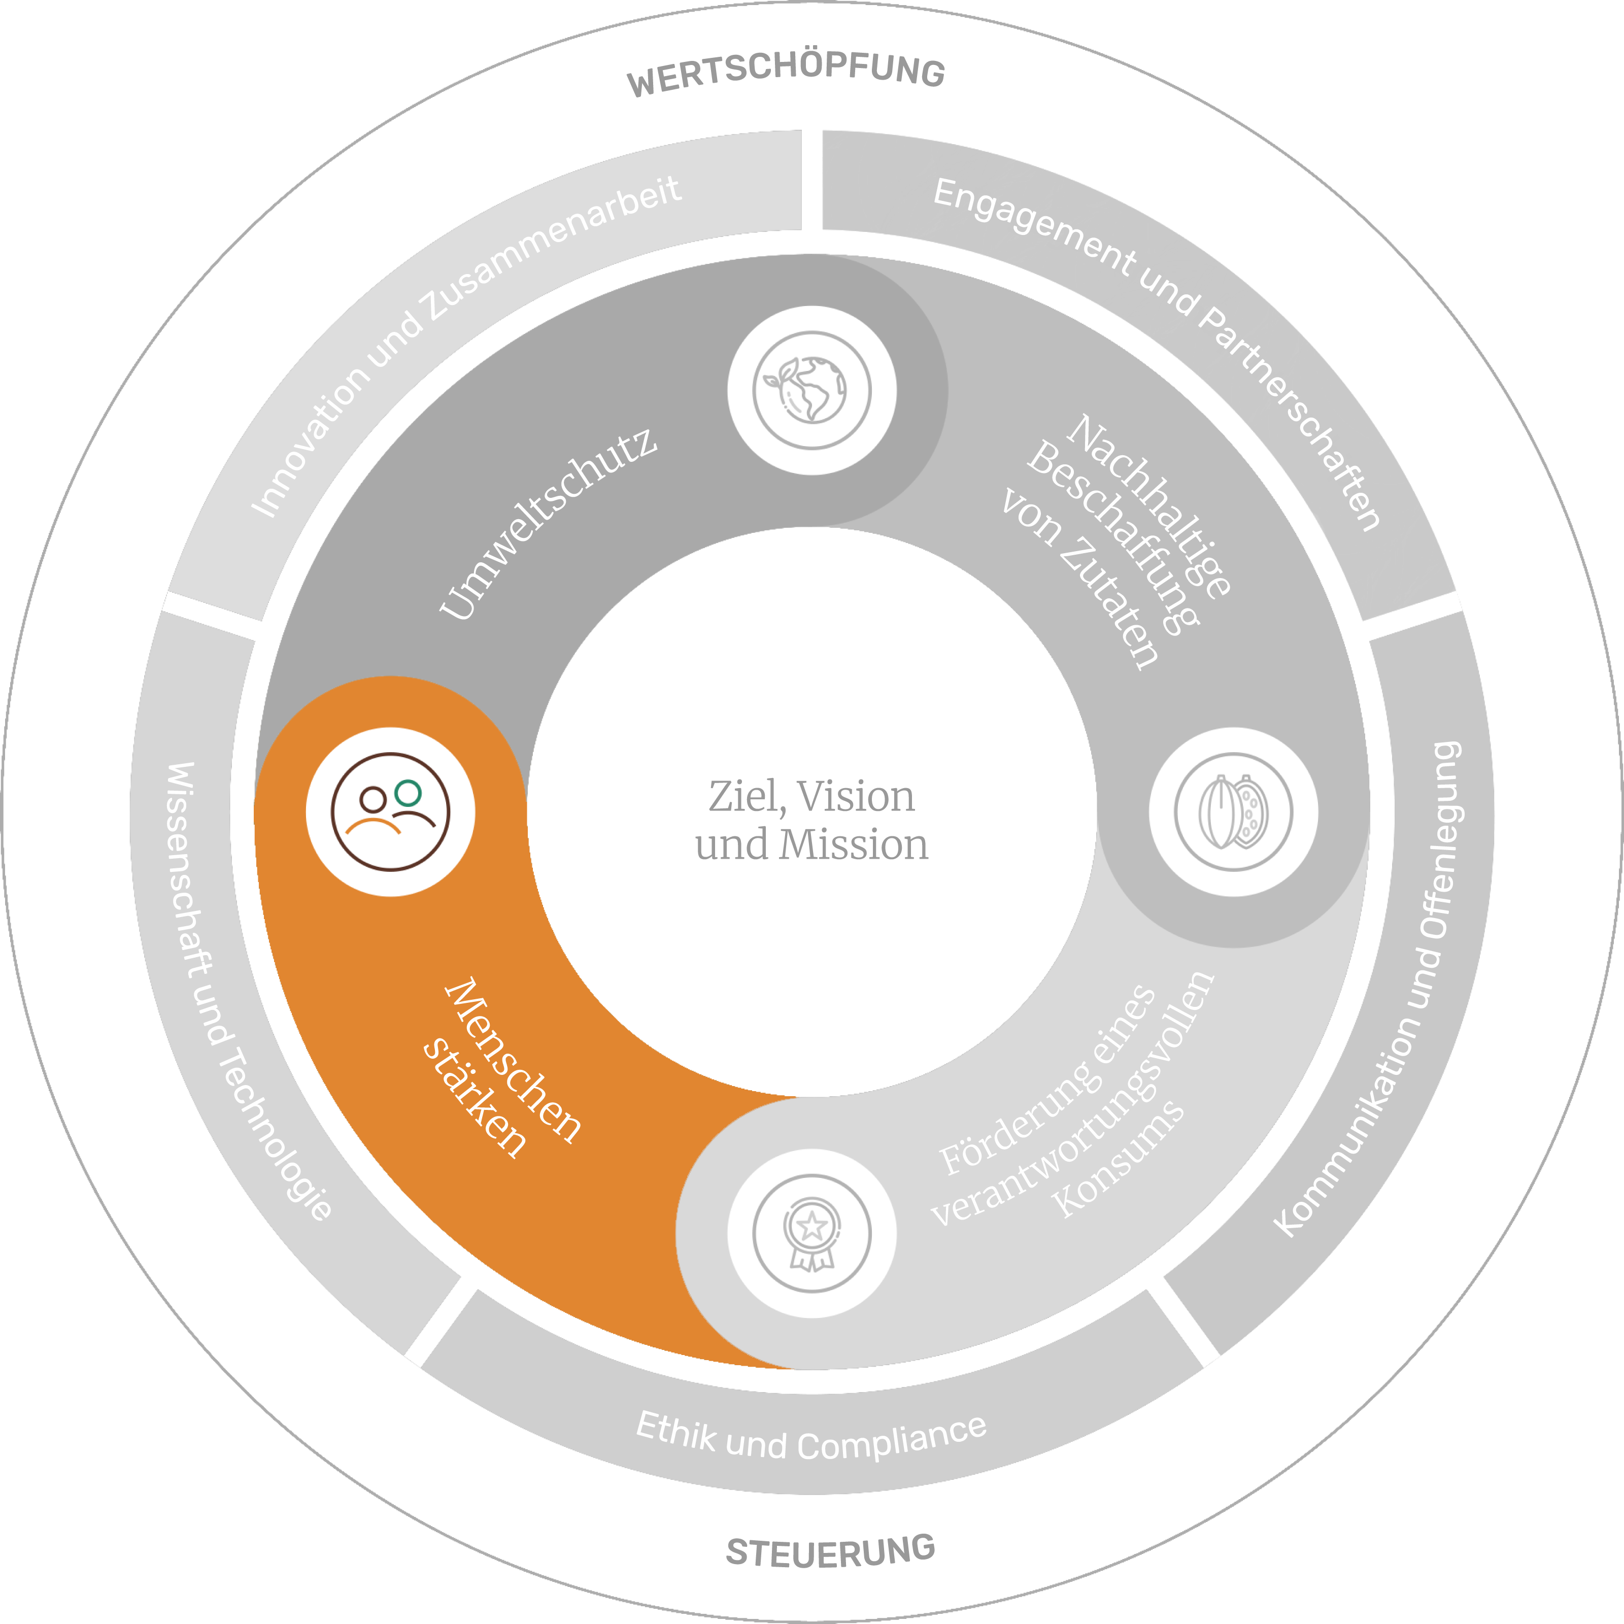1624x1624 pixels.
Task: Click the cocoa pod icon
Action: [x=1233, y=812]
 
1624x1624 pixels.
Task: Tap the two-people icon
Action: [x=390, y=812]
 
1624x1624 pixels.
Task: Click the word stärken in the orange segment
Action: [x=475, y=1097]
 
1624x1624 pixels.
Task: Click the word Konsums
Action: [x=1118, y=1160]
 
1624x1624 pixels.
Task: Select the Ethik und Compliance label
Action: [x=811, y=1439]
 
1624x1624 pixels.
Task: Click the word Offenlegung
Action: [x=1442, y=840]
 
